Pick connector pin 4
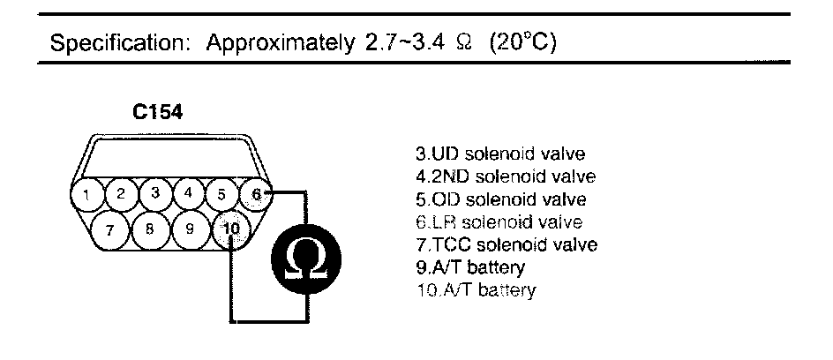click(x=190, y=193)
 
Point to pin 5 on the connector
click(x=222, y=194)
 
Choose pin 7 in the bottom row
click(x=109, y=231)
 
